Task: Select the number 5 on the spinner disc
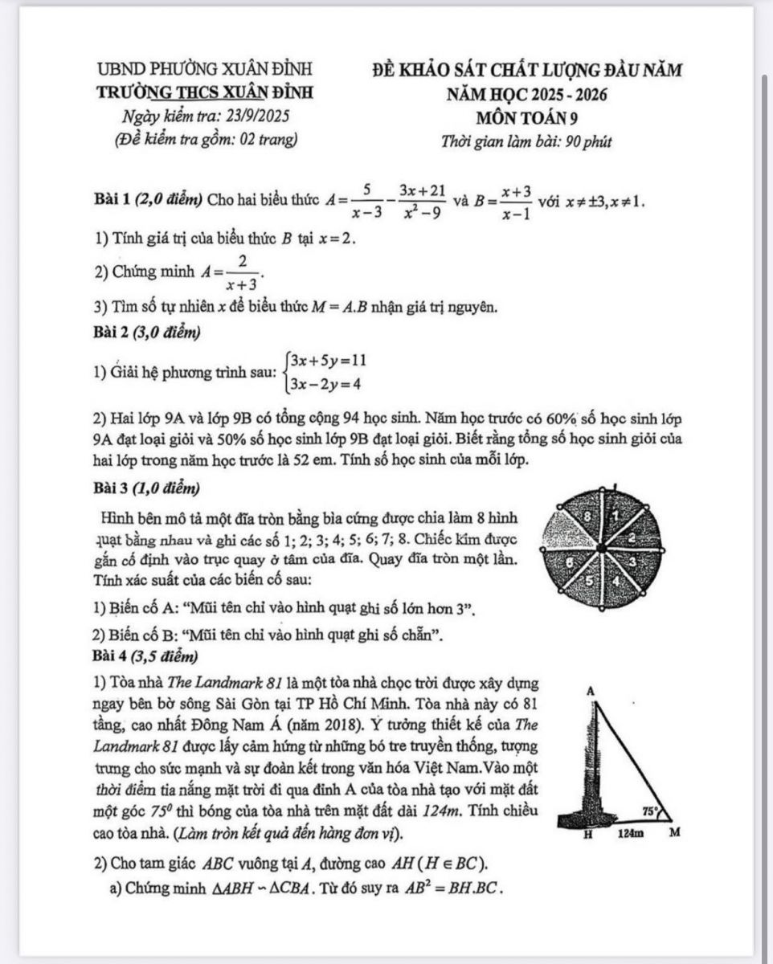(589, 578)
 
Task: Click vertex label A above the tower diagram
(589, 691)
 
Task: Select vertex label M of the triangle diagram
(675, 833)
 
